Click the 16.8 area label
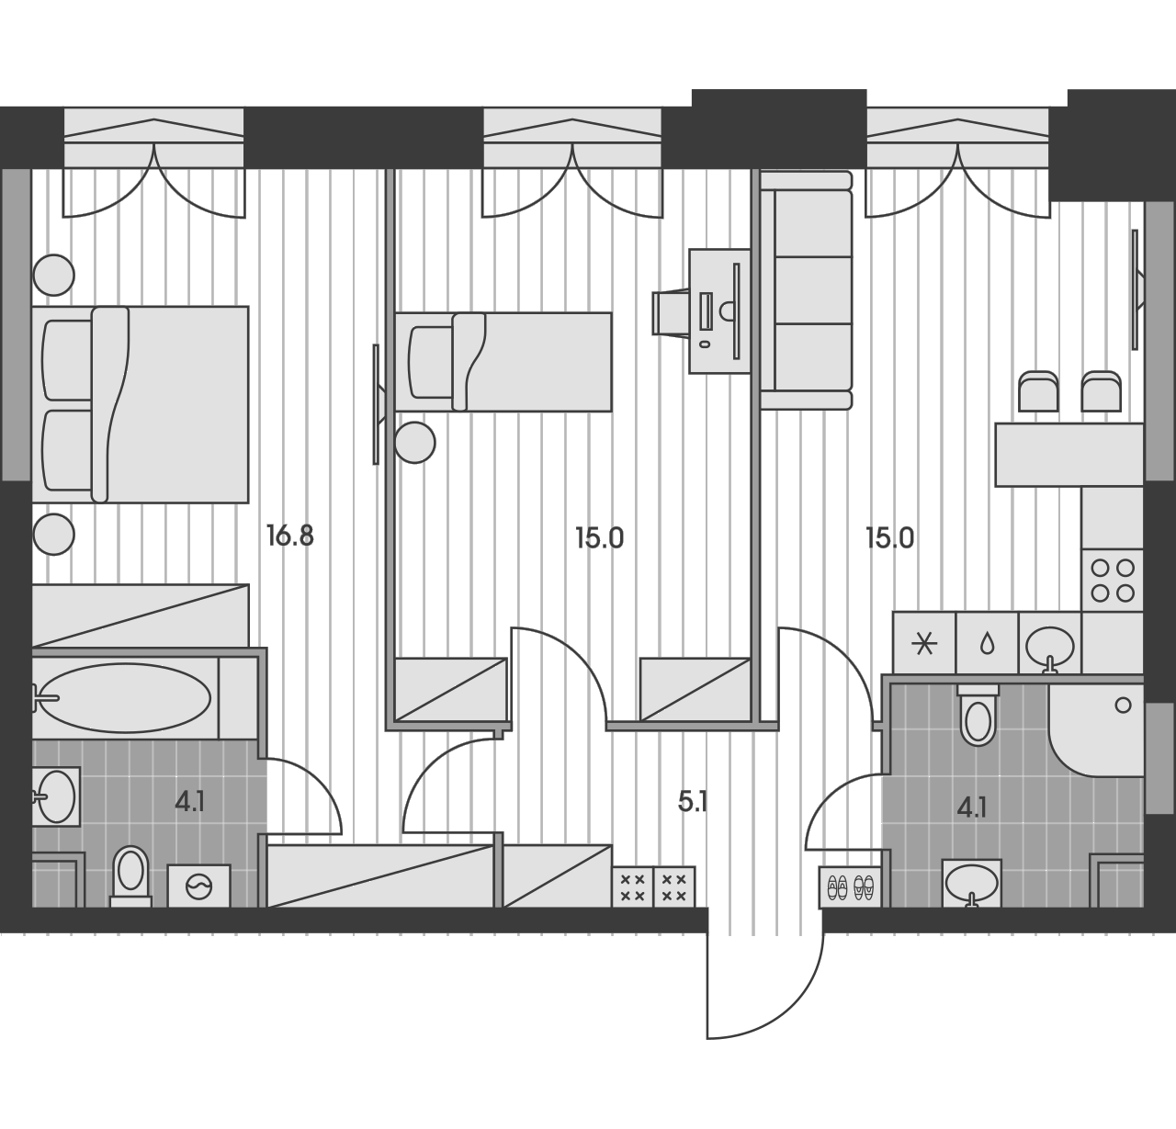290,536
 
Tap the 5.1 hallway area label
693,802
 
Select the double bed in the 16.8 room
140,404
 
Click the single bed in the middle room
503,362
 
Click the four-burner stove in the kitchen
1112,581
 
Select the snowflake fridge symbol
924,643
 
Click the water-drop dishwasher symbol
987,643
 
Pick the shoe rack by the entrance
850,887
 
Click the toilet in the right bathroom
978,715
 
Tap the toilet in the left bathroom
130,875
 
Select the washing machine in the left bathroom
198,886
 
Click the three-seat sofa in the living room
806,290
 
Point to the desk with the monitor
719,311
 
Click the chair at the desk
671,312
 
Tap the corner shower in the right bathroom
1096,730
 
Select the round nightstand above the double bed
54,275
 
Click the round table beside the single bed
414,443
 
